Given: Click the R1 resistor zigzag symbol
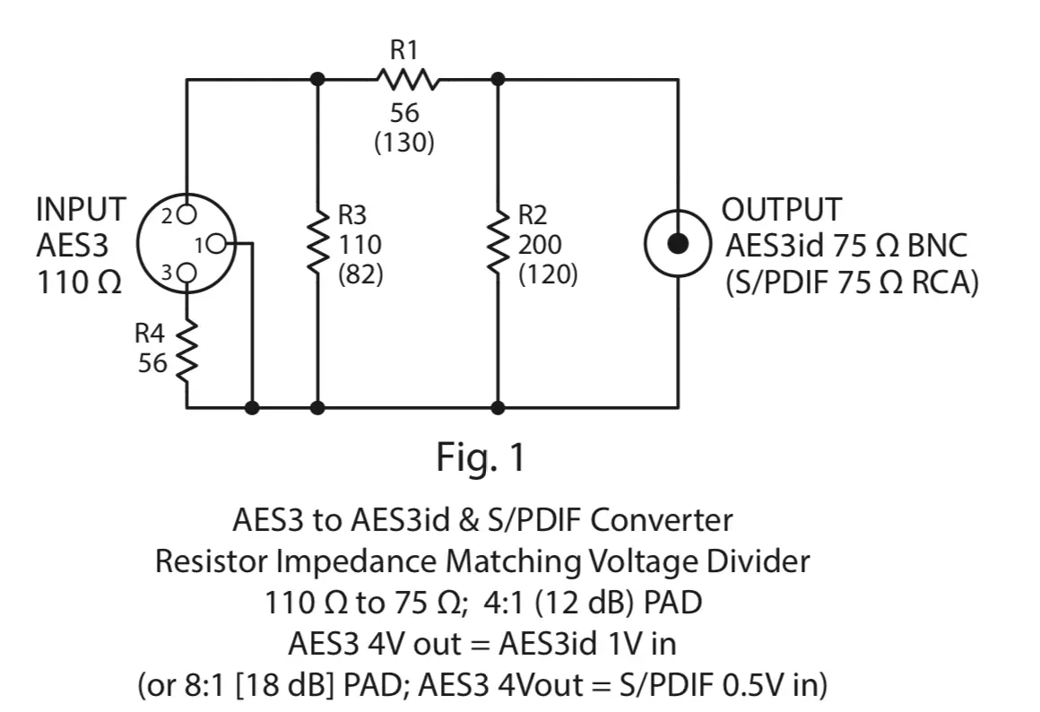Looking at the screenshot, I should tap(407, 80).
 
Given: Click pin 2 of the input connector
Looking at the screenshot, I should tap(186, 214).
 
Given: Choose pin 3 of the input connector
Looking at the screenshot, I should tap(186, 271).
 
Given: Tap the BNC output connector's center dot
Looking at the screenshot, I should tap(679, 243).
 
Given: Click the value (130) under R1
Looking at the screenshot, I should tap(405, 143).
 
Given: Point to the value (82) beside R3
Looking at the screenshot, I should tap(360, 274).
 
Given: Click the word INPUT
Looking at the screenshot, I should tap(81, 210).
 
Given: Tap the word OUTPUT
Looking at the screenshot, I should tap(782, 210).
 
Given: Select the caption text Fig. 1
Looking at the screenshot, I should tap(481, 458).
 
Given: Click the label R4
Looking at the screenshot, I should tap(151, 334).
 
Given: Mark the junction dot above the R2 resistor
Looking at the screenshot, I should tap(498, 80).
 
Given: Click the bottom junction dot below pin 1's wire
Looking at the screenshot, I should tap(253, 407).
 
